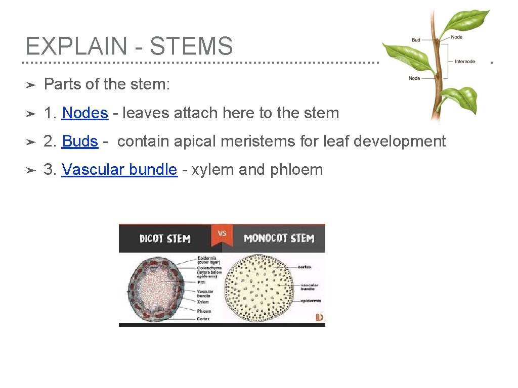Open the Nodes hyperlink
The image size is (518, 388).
pos(85,113)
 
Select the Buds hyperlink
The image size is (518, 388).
pos(80,141)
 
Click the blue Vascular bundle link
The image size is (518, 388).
pos(119,169)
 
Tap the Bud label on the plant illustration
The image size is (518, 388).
pos(416,40)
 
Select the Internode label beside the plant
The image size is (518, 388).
pos(465,62)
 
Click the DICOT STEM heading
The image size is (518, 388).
pos(165,238)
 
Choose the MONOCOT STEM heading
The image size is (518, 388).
pos(279,238)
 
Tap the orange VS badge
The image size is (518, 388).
pos(222,234)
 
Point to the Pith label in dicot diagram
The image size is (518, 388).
pos(201,282)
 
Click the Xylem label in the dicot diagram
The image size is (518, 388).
pos(203,302)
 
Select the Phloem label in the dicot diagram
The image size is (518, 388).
pos(204,311)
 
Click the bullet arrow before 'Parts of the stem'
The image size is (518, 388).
pos(30,84)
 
